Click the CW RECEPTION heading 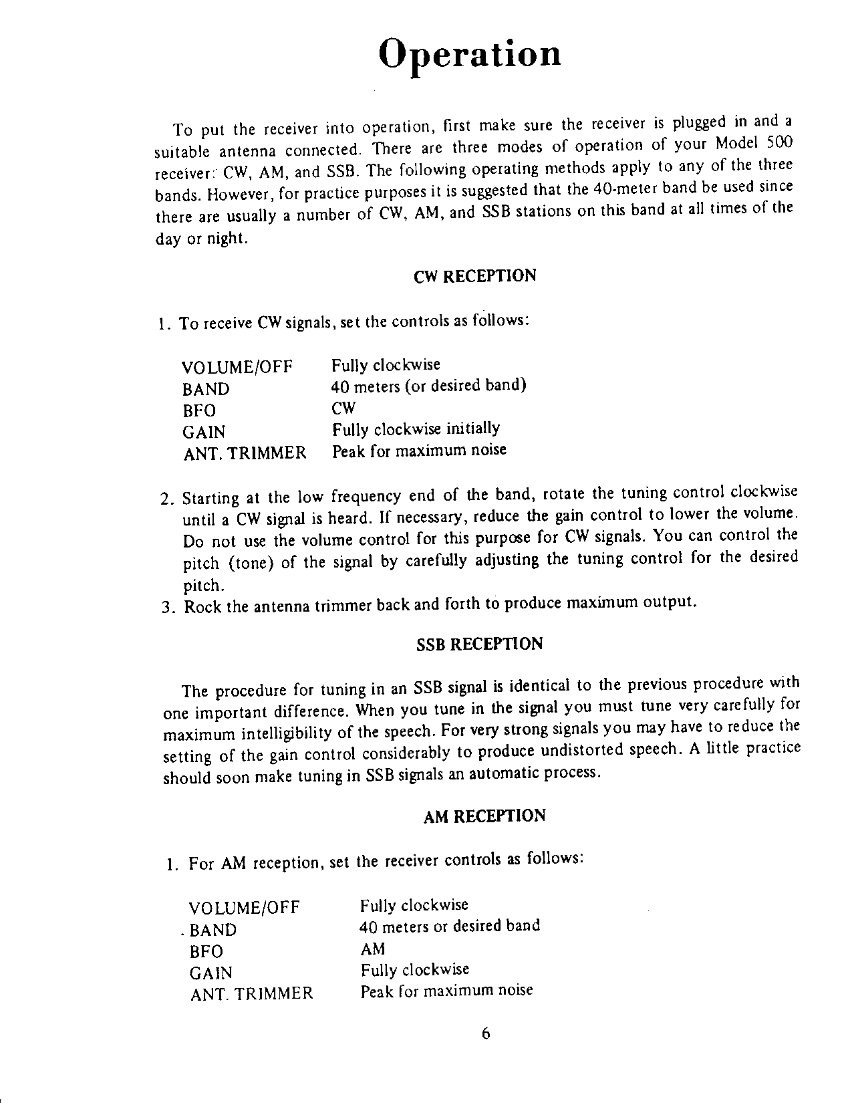[x=475, y=277]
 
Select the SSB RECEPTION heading [x=479, y=644]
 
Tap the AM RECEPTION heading [x=484, y=816]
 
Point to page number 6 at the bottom [x=486, y=1033]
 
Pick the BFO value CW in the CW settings [x=344, y=408]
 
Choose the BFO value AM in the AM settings [x=373, y=949]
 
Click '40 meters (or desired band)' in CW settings [x=429, y=386]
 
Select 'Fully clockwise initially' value [x=416, y=428]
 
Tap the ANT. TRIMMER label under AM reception [x=251, y=993]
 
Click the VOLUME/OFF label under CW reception [x=237, y=368]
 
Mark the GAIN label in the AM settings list [x=211, y=973]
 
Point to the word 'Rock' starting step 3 [x=202, y=608]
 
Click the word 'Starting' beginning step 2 [x=210, y=499]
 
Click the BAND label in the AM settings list [x=213, y=931]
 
